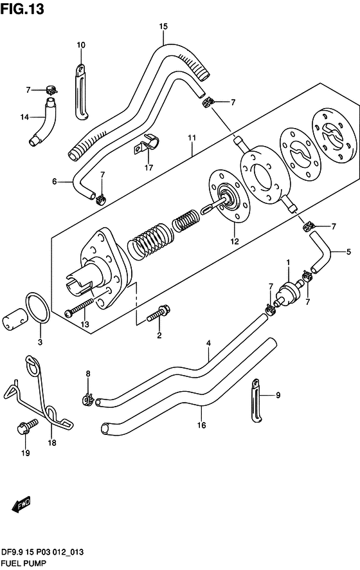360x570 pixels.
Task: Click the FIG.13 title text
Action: tap(22, 9)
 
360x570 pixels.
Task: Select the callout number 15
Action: tap(163, 26)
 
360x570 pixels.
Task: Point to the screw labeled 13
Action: tap(79, 308)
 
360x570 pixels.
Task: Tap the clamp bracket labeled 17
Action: tap(147, 144)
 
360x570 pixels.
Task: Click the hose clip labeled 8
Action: tap(87, 400)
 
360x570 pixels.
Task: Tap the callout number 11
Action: tap(192, 138)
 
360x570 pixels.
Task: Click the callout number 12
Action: tap(235, 241)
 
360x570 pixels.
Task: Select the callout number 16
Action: tap(202, 425)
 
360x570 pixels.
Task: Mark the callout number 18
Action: tap(52, 443)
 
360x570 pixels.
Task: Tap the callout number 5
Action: tap(348, 252)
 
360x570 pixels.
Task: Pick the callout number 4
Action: tap(208, 343)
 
